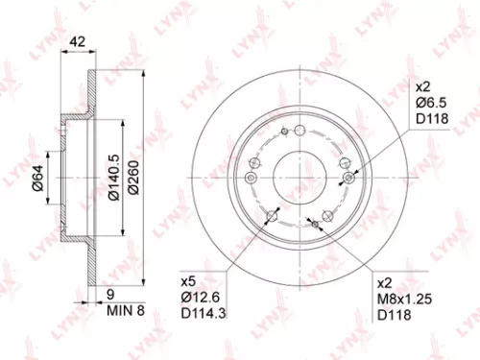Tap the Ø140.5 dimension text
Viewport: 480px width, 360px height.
114,178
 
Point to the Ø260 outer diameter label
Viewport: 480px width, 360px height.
141,178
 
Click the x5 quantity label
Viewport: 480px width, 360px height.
187,283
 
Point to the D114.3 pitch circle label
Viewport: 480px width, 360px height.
204,314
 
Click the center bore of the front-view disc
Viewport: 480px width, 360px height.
298,178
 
